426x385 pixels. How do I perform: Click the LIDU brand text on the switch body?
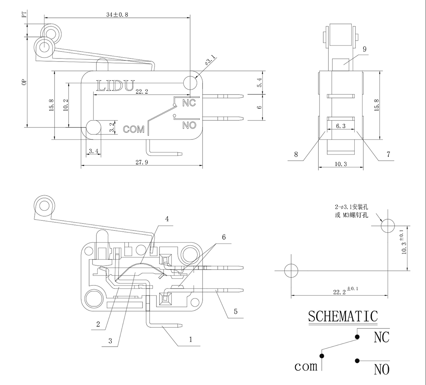click(x=115, y=85)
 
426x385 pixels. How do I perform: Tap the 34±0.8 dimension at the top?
click(x=117, y=14)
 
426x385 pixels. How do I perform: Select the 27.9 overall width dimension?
click(x=142, y=163)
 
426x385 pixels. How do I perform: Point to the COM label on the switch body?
click(x=133, y=129)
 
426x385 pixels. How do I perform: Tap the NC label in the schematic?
click(x=381, y=337)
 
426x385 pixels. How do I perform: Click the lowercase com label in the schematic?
click(x=306, y=366)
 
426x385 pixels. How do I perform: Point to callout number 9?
click(x=364, y=49)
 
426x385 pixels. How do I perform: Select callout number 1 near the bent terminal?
click(x=190, y=339)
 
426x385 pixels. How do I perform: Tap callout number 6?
click(x=223, y=237)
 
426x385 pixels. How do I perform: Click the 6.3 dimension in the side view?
click(x=341, y=126)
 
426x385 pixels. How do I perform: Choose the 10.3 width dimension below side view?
click(x=340, y=164)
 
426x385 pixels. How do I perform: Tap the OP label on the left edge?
click(x=24, y=82)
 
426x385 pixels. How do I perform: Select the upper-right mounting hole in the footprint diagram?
click(x=387, y=226)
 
